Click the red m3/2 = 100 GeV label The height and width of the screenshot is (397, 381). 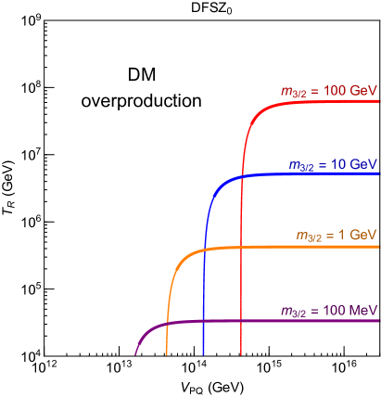329,91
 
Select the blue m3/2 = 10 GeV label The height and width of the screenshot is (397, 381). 333,164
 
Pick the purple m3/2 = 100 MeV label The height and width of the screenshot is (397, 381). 329,310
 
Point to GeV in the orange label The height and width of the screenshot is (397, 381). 364,236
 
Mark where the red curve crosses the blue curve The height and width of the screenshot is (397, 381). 242,176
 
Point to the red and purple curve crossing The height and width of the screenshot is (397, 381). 242,321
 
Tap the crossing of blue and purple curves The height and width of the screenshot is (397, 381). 203,321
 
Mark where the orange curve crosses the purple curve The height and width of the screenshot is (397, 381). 167,324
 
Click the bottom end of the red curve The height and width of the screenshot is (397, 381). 242,354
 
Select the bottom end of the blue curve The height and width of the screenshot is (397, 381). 203,354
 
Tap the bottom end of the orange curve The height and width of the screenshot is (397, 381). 167,354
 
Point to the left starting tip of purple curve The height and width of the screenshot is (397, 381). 135,354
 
